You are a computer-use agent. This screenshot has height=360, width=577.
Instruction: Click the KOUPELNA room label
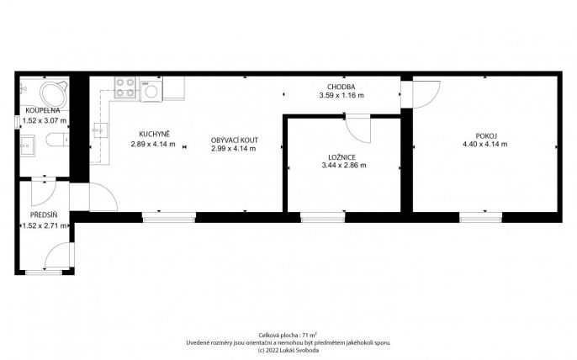click(x=43, y=110)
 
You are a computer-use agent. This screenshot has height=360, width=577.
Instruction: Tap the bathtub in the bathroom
click(x=54, y=94)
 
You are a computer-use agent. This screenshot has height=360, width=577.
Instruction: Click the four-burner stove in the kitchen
click(x=125, y=87)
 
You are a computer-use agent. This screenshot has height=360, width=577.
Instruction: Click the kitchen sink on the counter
click(x=100, y=130)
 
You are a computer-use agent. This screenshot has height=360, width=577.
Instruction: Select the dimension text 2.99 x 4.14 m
click(x=234, y=149)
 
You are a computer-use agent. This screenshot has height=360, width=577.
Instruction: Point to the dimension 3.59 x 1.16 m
click(x=341, y=96)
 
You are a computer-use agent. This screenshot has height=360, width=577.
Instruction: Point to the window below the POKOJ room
click(x=480, y=218)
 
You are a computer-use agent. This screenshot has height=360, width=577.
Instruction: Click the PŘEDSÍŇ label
click(x=44, y=215)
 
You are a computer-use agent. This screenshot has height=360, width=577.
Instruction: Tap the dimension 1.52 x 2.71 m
click(x=45, y=226)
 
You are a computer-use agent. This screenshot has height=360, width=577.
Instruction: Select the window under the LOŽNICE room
click(x=322, y=218)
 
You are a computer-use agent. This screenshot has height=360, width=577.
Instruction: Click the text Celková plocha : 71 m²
click(x=288, y=336)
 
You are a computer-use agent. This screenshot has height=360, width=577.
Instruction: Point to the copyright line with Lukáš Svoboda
click(x=288, y=350)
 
